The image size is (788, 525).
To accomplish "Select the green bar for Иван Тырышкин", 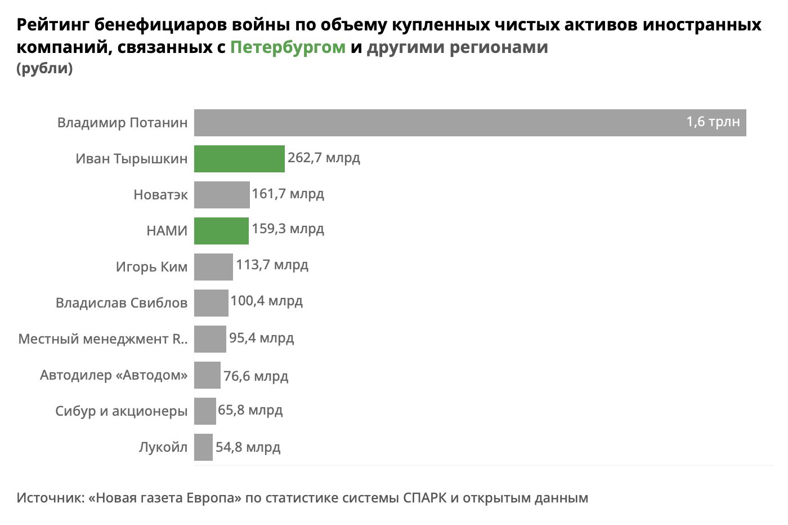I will (239, 159).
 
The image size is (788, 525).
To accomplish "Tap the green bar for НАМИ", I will (221, 231).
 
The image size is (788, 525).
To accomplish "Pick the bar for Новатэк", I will (222, 195).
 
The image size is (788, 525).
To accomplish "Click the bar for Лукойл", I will (203, 447).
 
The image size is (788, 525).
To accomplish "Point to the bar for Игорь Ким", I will (213, 267).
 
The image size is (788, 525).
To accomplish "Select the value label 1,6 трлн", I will (713, 122).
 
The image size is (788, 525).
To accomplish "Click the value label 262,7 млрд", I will (324, 158).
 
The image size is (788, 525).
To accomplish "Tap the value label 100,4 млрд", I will (266, 301).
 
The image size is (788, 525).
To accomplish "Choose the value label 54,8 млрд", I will (248, 447).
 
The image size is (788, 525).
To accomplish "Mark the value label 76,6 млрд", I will (256, 376).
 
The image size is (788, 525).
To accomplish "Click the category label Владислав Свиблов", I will (122, 303).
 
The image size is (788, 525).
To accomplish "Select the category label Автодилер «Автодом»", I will (114, 375).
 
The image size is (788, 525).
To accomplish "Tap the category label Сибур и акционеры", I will (122, 411).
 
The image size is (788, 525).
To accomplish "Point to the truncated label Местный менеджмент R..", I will (103, 339).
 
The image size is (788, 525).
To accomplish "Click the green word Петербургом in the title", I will (288, 47).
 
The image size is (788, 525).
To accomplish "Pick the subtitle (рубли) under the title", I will (45, 68).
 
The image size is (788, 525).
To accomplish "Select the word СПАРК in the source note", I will (424, 498).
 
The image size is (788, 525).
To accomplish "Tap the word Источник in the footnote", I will (49, 498).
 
